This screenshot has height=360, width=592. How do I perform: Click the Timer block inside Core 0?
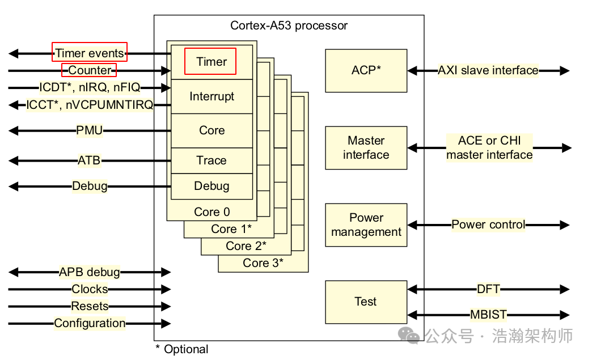[211, 62]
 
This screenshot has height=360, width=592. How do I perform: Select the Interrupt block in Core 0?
[212, 96]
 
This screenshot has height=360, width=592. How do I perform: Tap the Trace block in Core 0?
[212, 160]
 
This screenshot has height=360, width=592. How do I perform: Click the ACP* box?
[366, 70]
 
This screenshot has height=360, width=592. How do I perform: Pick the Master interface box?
[366, 147]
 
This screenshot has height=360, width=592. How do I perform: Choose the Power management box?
[366, 225]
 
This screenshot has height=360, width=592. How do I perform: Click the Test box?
[366, 302]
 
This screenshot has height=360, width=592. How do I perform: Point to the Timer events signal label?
[90, 53]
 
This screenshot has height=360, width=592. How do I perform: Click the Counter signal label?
[89, 70]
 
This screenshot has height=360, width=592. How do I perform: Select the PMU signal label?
[90, 130]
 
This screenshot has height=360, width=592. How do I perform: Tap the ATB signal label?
[89, 160]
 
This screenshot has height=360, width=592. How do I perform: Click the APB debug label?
[90, 272]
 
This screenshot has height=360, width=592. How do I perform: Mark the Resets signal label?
[90, 306]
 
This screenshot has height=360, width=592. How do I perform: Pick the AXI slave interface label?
[488, 70]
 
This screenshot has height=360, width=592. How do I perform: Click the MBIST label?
[488, 315]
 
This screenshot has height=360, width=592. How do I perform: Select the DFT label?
[488, 289]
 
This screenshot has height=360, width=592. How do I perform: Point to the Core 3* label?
[263, 263]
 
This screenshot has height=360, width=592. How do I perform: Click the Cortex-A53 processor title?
[289, 26]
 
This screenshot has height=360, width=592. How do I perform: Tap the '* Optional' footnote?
[182, 349]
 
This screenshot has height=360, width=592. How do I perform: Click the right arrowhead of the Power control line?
[564, 225]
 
